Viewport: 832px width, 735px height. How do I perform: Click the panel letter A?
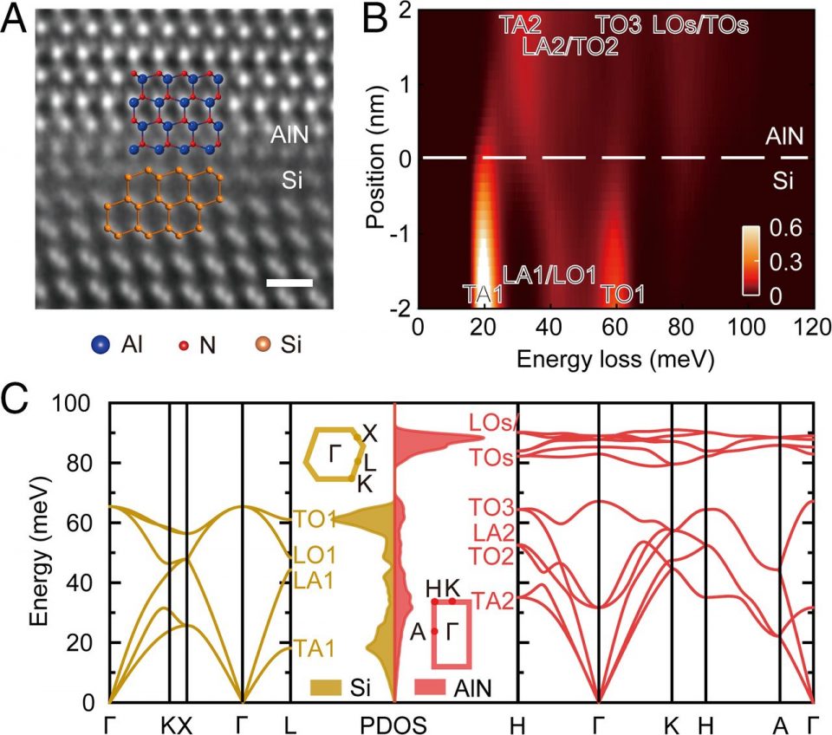15,18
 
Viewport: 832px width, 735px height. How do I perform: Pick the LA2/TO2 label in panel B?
571,46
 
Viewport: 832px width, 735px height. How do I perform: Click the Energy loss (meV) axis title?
615,358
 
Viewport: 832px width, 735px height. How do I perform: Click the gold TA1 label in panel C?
313,646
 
